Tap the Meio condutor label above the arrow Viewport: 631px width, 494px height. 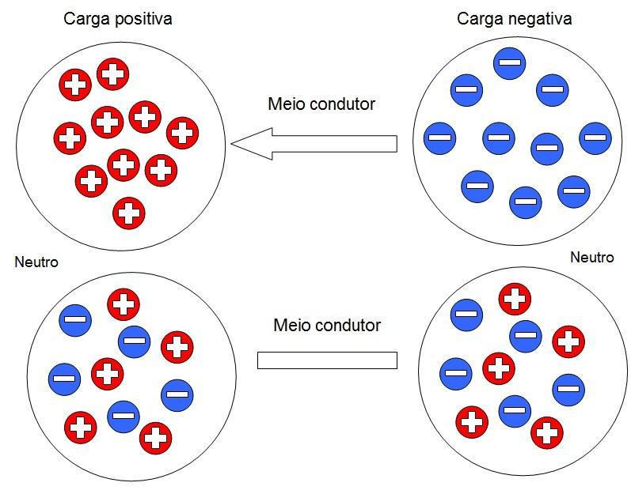click(x=321, y=104)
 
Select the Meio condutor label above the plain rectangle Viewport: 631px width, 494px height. click(x=327, y=325)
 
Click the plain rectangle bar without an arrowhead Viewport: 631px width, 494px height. click(x=327, y=360)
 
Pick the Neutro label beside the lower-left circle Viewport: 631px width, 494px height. click(x=36, y=262)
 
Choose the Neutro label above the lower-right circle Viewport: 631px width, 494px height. click(x=591, y=258)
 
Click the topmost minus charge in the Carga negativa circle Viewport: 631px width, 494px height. click(x=510, y=62)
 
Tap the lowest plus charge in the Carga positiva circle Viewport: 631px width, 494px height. click(x=129, y=213)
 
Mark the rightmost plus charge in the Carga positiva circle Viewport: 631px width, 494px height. click(x=182, y=132)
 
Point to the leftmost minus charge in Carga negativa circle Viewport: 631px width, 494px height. click(x=439, y=138)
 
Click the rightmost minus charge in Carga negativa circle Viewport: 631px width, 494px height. click(x=595, y=138)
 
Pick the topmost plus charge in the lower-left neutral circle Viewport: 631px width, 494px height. click(x=124, y=304)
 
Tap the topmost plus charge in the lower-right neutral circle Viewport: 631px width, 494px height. click(x=514, y=300)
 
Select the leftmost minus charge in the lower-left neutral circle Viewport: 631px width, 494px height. click(x=64, y=379)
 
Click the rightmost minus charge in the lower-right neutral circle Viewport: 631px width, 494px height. click(x=568, y=389)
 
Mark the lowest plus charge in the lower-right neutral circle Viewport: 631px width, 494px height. click(x=546, y=432)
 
